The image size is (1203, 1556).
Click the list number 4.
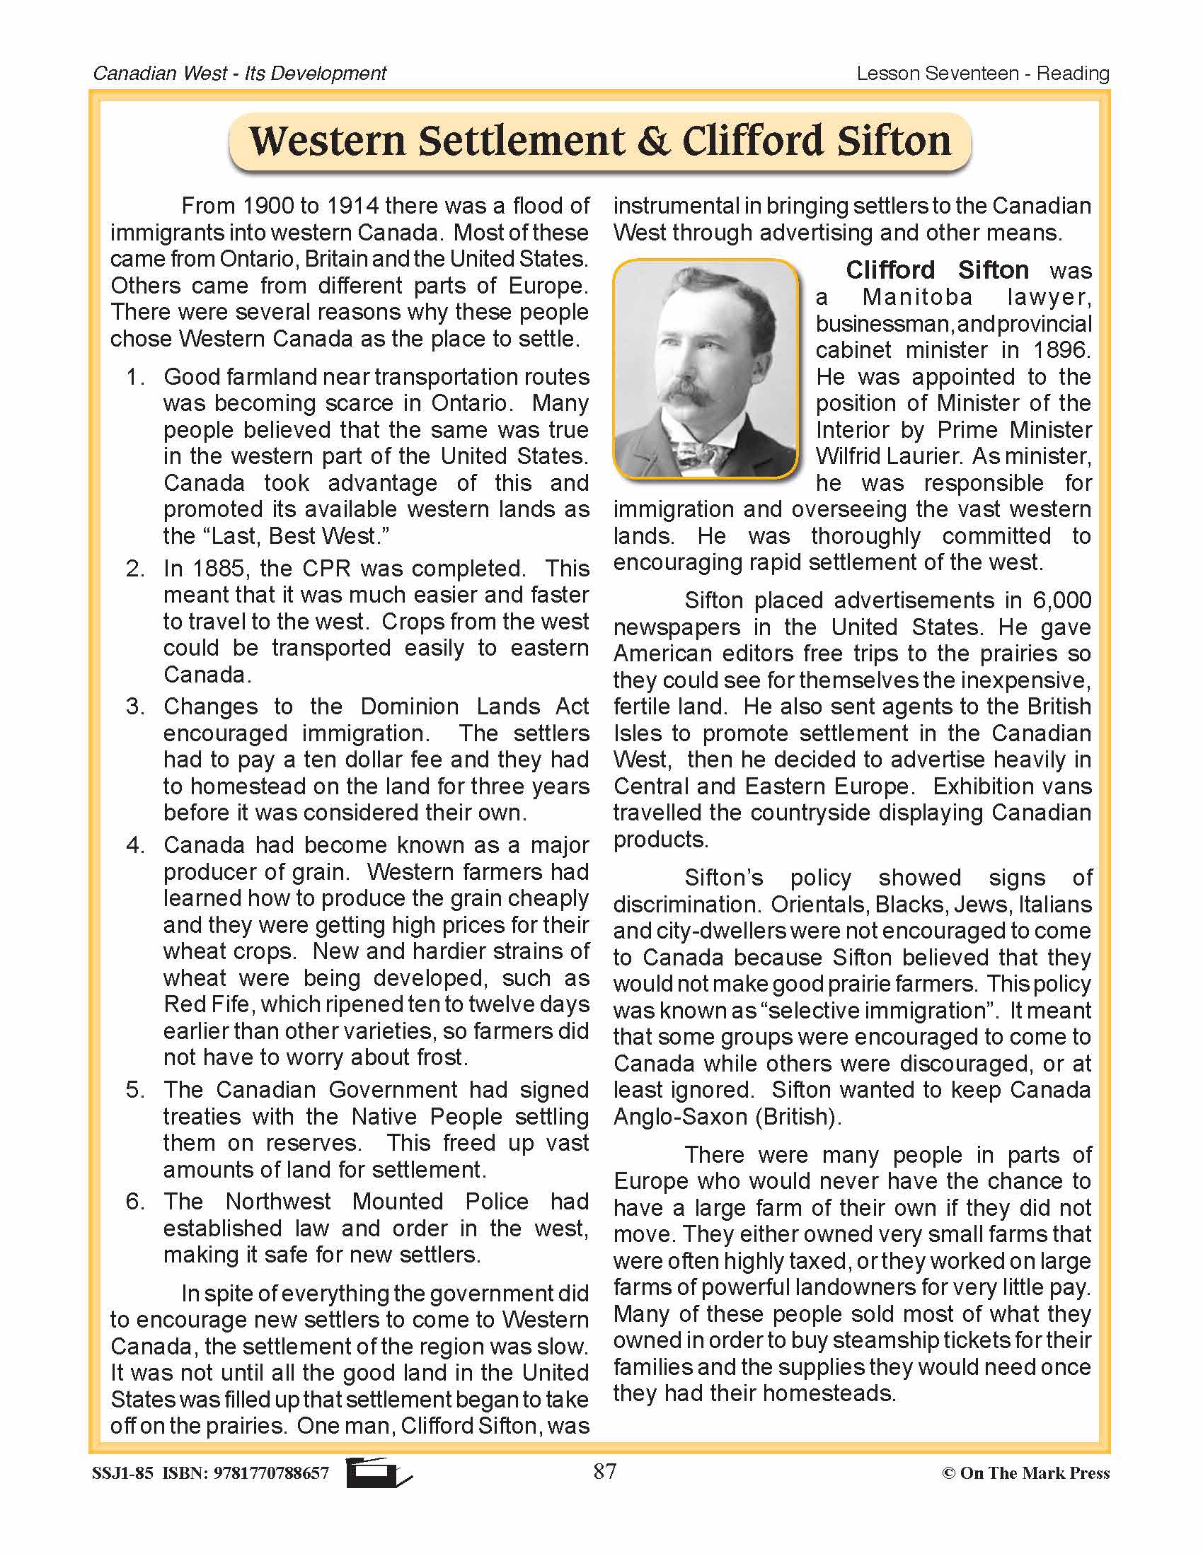[134, 846]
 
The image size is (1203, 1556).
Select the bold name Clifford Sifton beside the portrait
[936, 270]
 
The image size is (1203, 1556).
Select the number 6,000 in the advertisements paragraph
[1061, 600]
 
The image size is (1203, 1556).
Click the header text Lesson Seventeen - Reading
[982, 74]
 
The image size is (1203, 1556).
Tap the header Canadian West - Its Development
[239, 74]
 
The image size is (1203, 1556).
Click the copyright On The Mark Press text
[1025, 1473]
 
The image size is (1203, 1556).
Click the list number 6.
[134, 1202]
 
